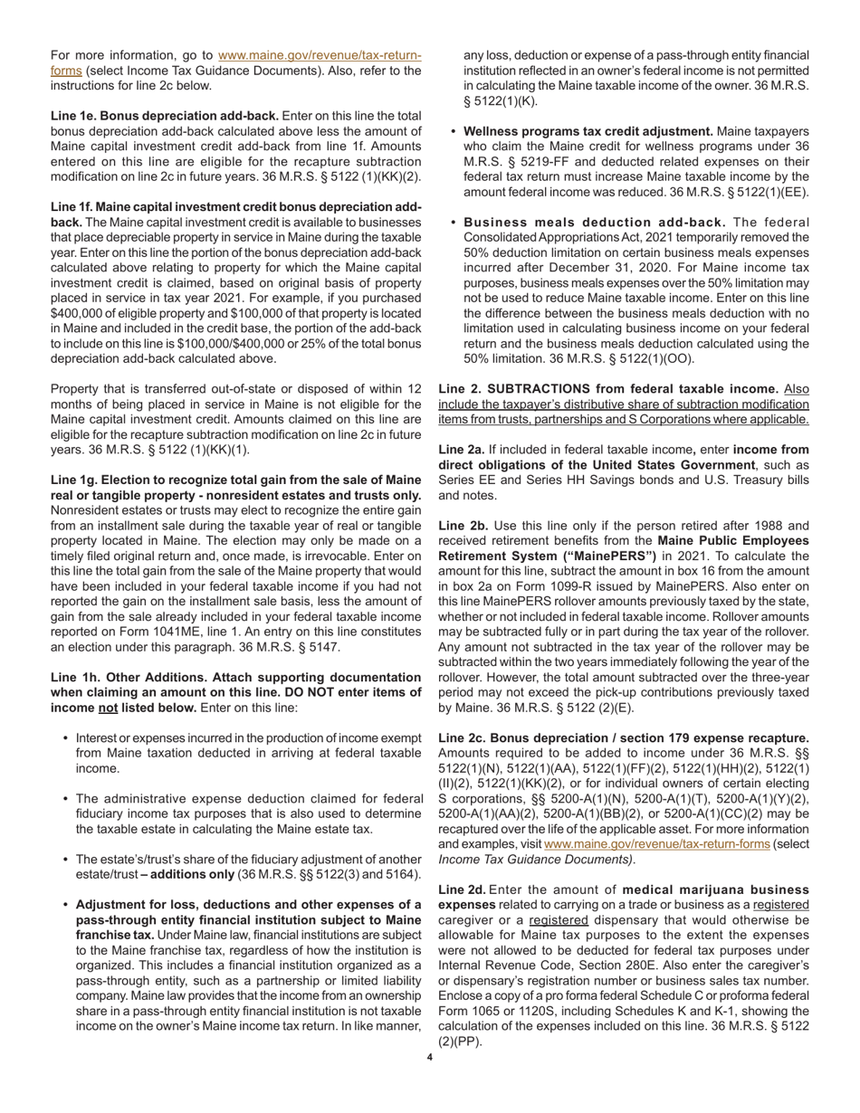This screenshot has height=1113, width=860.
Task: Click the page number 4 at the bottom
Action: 430,1056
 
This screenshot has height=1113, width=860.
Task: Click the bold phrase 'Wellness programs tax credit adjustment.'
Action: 588,131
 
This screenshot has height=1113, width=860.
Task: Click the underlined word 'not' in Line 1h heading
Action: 109,708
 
